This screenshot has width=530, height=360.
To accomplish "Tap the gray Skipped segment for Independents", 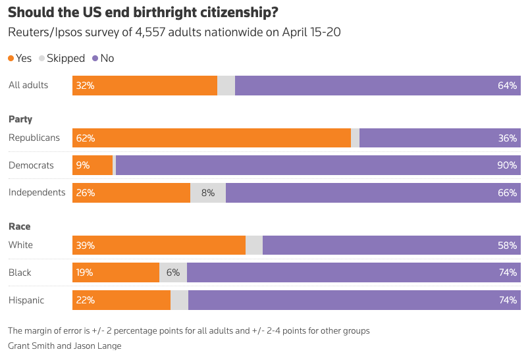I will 208,193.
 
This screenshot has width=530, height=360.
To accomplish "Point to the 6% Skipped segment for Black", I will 173,272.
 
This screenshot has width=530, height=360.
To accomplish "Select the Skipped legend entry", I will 62,58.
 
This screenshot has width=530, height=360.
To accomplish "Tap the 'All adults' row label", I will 28,85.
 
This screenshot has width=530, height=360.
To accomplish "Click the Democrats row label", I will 31,165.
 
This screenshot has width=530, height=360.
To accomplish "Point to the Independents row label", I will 37,193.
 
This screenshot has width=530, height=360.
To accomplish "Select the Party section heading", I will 20,119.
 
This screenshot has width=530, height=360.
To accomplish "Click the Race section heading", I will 20,226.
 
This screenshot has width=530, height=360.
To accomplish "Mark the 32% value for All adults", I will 86,86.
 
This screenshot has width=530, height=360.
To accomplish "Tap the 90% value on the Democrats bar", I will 507,165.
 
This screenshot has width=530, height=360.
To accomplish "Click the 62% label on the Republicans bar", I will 86,138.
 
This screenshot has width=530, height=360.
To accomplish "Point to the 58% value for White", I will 507,245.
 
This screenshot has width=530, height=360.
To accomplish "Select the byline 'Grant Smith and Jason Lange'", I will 65,346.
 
